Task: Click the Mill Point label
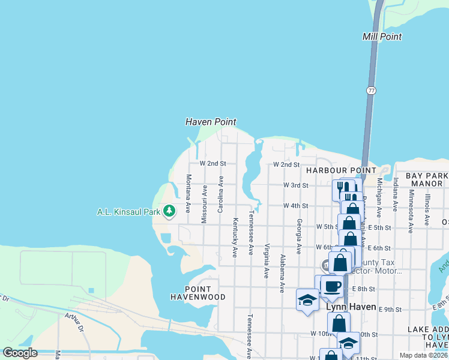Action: (382, 37)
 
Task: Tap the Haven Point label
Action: (210, 122)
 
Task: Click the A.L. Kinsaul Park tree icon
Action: (170, 211)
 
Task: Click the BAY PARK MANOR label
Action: (427, 179)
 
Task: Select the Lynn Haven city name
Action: (351, 307)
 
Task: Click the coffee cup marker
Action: (331, 286)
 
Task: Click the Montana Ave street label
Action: (188, 194)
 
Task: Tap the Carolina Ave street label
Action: (220, 194)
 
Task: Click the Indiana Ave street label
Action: (396, 194)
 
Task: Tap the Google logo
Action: (19, 353)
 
